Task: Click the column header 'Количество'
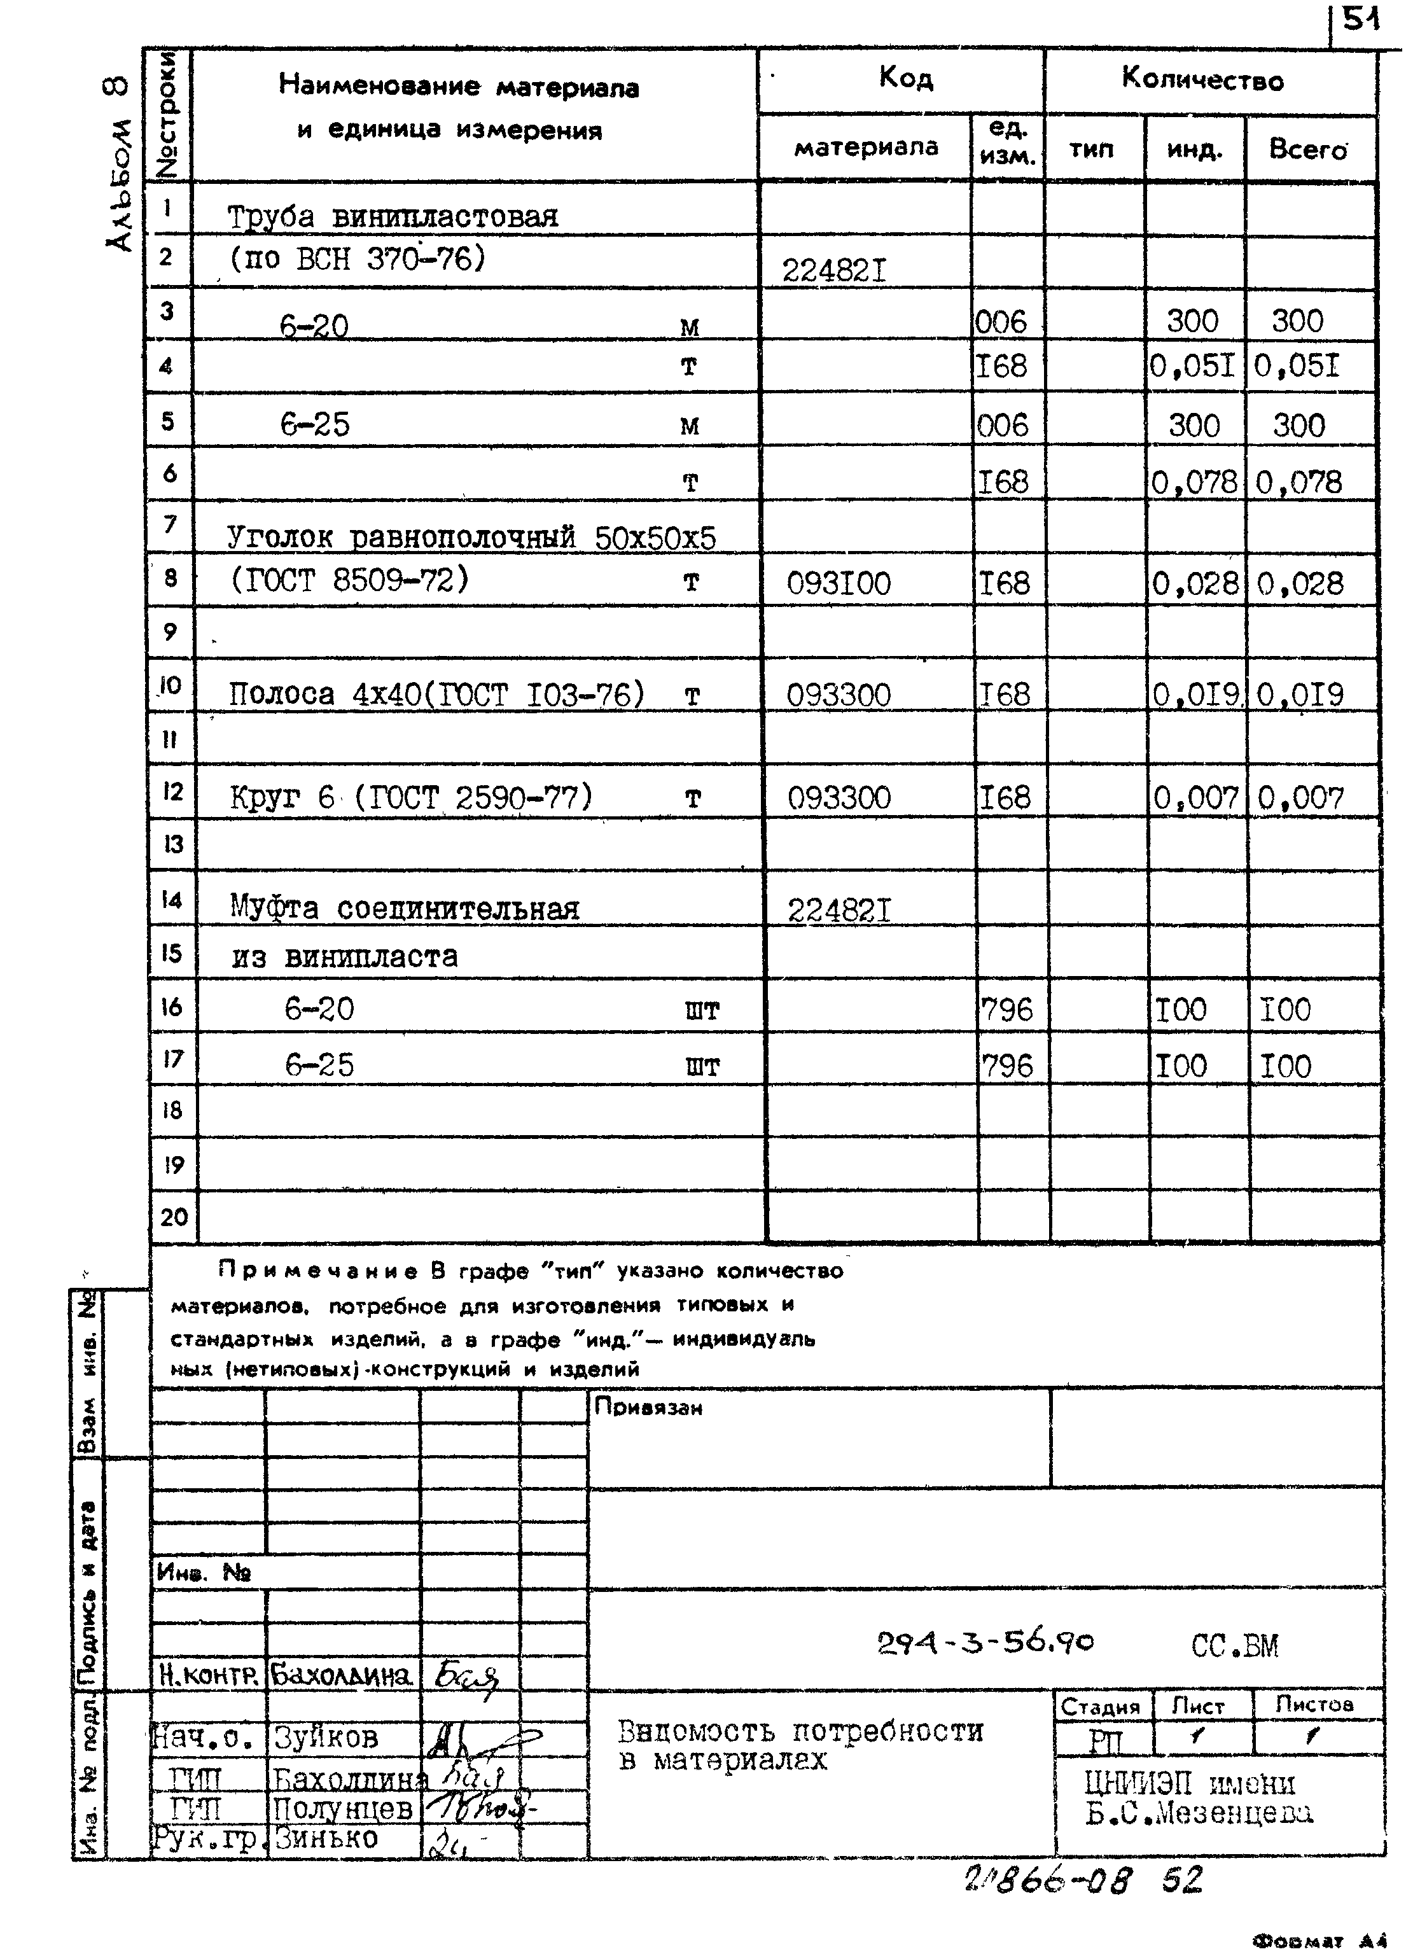tap(1202, 80)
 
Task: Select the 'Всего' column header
tap(1307, 150)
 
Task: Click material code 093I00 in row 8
tap(838, 584)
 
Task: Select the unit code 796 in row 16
tap(1006, 1009)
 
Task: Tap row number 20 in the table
tap(174, 1217)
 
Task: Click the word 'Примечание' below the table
tap(318, 1271)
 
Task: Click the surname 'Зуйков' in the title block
tap(326, 1737)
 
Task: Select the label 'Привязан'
tap(648, 1407)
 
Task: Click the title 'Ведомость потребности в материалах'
tap(799, 1745)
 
